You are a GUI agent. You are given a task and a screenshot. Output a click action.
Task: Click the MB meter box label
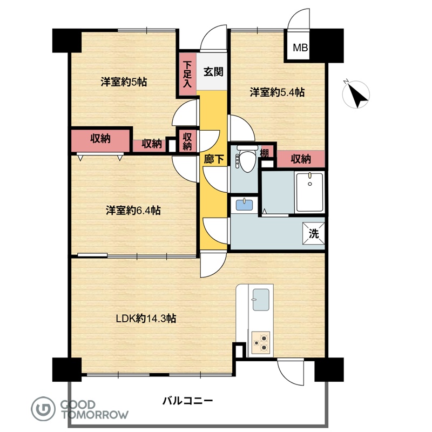pos(300,48)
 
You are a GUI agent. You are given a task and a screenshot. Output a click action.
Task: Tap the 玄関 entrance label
pos(213,72)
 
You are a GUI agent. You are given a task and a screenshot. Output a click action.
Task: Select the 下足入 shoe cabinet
pos(187,75)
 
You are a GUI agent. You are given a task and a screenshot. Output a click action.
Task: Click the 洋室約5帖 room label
pos(124,82)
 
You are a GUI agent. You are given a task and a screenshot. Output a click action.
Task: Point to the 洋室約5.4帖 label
pos(277,92)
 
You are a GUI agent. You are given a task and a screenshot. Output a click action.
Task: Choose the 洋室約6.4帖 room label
pos(133,211)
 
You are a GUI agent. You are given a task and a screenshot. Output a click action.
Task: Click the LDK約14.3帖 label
pos(146,319)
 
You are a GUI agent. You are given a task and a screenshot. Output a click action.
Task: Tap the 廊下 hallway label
pos(213,159)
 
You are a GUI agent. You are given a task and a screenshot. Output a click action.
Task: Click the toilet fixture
pos(247,159)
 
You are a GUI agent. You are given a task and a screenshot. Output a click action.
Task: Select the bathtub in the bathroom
pos(309,192)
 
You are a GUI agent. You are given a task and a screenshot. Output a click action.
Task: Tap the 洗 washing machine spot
pos(314,233)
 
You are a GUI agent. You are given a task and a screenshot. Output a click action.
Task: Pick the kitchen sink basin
pos(261,300)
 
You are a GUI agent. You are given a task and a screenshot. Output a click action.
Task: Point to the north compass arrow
pos(357,95)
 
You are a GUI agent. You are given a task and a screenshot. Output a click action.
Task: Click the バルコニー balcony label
pos(187,400)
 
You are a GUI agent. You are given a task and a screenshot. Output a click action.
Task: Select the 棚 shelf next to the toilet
pos(265,153)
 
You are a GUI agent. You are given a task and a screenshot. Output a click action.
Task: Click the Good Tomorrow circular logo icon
pos(43,409)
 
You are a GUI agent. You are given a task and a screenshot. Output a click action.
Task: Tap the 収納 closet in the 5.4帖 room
pos(301,159)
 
